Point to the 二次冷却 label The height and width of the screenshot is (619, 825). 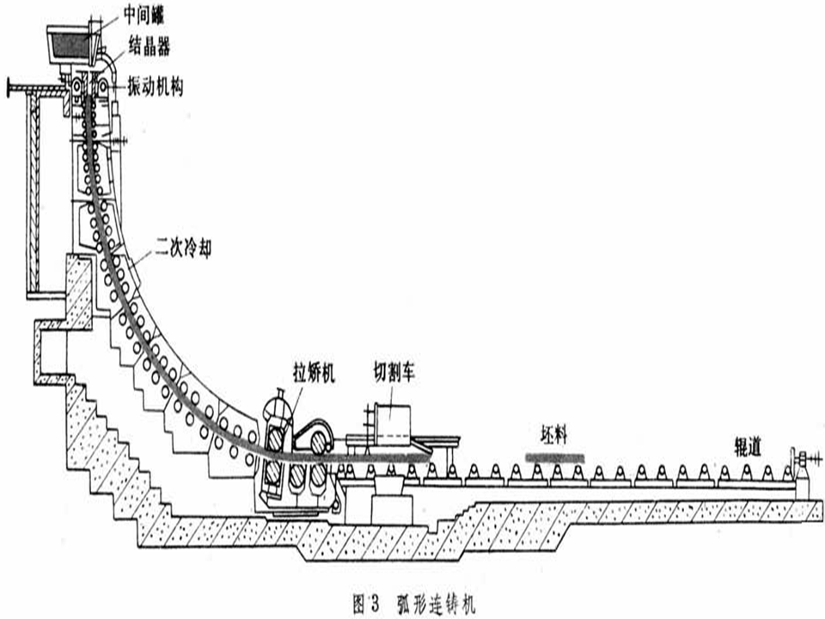182,251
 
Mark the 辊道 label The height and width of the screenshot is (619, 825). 746,435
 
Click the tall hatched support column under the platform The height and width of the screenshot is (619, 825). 33,189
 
